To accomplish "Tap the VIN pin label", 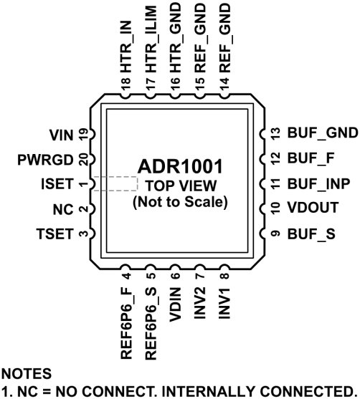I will click(x=62, y=133).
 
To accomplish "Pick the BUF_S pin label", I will click(x=307, y=234).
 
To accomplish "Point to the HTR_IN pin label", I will click(x=125, y=50).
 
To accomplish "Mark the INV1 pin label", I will click(x=225, y=302).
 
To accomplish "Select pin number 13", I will click(x=273, y=133).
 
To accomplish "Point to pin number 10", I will click(x=273, y=208).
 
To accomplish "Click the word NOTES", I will click(x=27, y=374).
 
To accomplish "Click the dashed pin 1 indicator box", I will click(x=115, y=183).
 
